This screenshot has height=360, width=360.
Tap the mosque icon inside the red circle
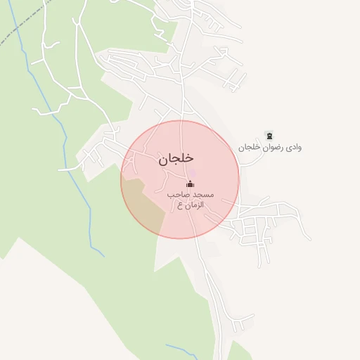click(189, 185)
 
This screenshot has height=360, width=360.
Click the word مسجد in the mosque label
click(204, 194)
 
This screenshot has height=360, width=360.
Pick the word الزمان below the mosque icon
click(195, 205)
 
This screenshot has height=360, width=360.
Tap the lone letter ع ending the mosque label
click(180, 205)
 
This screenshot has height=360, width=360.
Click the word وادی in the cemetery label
click(292, 148)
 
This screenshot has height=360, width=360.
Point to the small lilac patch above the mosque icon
click(193, 173)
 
